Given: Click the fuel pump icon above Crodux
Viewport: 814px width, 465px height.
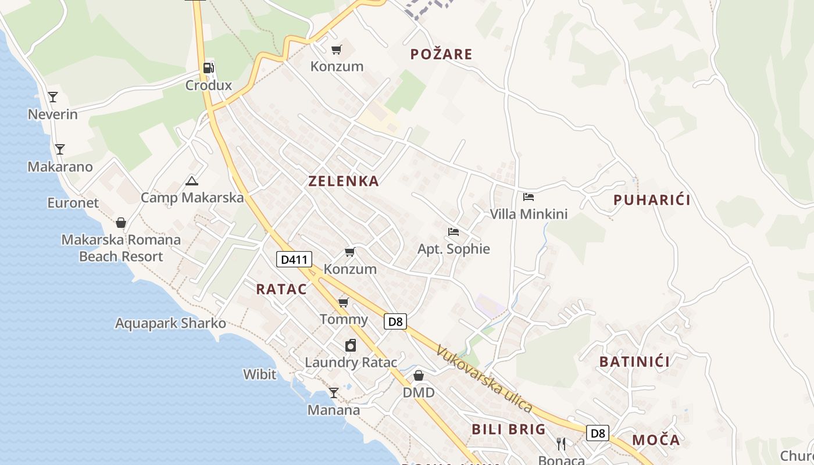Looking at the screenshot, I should point(208,68).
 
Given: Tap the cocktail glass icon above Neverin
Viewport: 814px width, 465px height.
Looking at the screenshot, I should point(53,97).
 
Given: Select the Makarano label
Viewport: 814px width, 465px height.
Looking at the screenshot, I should point(60,167).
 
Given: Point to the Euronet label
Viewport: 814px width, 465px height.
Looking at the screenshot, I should point(73,203).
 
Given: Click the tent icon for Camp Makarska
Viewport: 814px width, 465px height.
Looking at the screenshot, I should point(192,181).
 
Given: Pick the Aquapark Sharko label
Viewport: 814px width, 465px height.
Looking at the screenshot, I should point(170,323).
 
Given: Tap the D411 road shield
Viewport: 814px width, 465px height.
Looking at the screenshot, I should point(294,259).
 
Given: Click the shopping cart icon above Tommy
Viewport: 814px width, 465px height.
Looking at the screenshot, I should point(343,302).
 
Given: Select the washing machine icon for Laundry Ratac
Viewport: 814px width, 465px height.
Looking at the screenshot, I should point(351,346).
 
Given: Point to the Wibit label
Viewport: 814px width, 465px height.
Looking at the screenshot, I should point(259,374).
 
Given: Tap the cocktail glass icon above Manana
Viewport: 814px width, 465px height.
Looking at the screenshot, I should point(333,393).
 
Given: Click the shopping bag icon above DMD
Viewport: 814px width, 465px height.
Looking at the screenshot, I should point(418,375).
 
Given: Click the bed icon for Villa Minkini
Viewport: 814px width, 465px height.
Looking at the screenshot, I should point(529,197).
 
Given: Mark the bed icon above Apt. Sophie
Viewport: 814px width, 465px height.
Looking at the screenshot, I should point(454,232).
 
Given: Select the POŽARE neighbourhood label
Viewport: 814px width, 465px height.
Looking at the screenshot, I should point(441,55).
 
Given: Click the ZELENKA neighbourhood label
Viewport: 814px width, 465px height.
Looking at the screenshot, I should point(344,181).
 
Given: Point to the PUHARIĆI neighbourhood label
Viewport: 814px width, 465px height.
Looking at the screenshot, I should point(652,201).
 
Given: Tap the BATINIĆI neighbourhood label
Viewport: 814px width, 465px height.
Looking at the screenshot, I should point(634,362).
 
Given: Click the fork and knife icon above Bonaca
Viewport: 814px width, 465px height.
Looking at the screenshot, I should point(561,444).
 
